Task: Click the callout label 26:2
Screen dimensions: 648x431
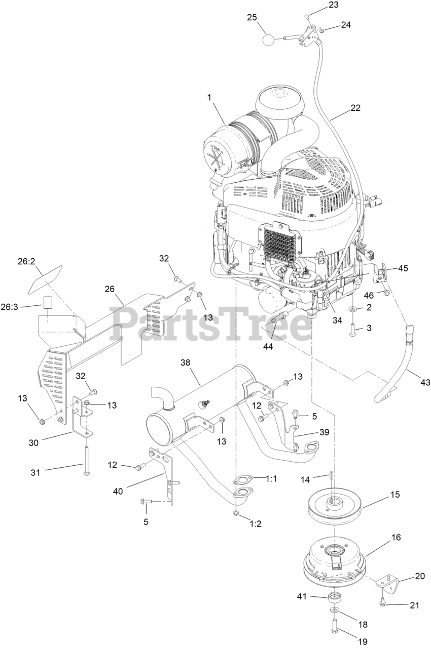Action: pos(26,263)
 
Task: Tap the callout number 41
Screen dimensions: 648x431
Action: pos(302,598)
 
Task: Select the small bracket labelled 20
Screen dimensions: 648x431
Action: pos(388,585)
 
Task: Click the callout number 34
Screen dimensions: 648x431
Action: pos(337,319)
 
